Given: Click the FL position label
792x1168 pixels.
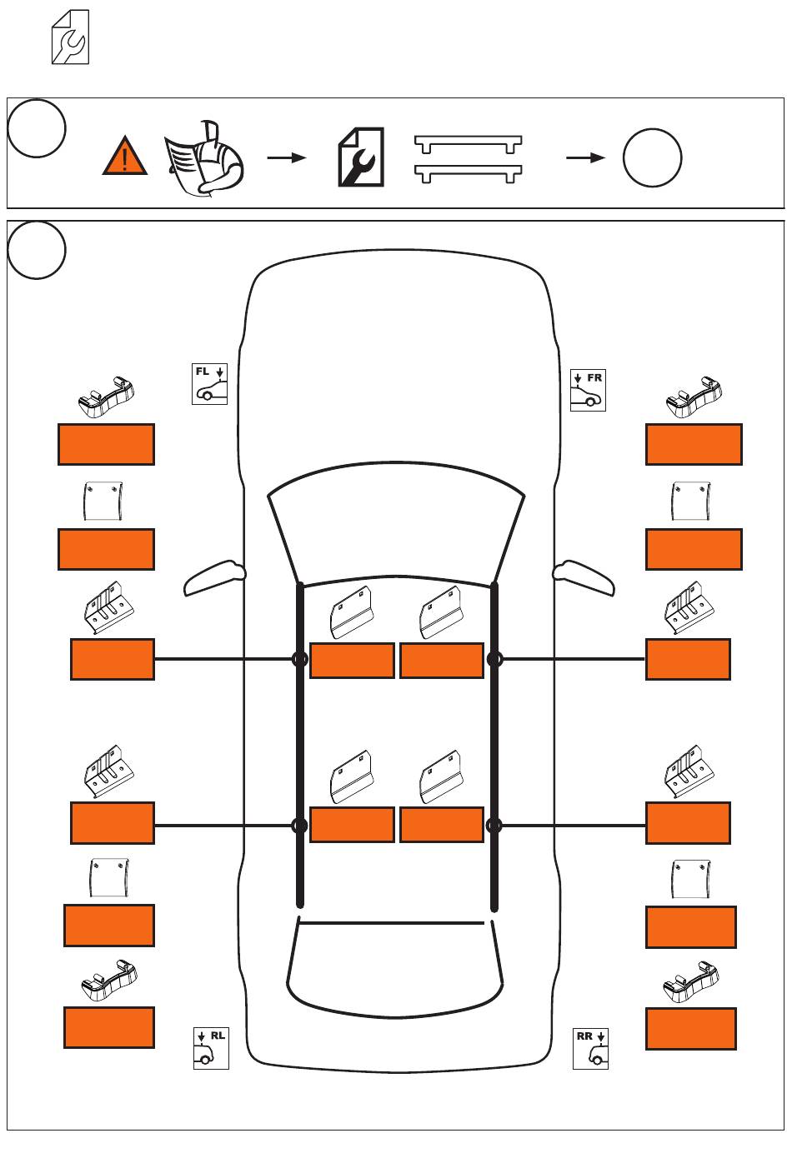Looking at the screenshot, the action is (x=202, y=372).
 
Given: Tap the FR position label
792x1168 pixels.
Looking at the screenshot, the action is (x=594, y=377).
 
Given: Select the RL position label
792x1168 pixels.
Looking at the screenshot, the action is (x=218, y=1036).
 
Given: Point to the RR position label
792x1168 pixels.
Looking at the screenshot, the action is (x=584, y=1036).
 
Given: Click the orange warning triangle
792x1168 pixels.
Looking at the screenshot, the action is (x=125, y=156).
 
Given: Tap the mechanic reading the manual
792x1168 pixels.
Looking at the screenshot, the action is (x=204, y=158).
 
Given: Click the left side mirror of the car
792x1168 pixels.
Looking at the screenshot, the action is (x=214, y=577).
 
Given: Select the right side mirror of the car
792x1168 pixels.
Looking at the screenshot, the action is (x=584, y=577).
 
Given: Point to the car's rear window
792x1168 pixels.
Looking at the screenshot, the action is (x=395, y=970).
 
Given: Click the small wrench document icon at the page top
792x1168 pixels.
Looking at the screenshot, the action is (x=70, y=37).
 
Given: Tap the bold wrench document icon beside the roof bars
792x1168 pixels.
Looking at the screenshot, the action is (x=361, y=157).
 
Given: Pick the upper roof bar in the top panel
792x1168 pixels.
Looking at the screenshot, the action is (x=468, y=144).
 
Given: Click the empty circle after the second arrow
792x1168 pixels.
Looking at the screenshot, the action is (x=652, y=157).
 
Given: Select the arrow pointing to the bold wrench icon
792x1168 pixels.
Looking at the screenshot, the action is (x=287, y=157).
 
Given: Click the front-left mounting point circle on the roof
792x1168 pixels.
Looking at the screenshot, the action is (x=300, y=659).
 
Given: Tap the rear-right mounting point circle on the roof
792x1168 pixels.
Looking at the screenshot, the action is (x=494, y=826).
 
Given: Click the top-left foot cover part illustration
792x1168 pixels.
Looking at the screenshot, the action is (x=106, y=397).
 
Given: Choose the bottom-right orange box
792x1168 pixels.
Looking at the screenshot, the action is (x=691, y=1029).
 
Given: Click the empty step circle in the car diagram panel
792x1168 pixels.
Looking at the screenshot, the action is (x=37, y=250).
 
